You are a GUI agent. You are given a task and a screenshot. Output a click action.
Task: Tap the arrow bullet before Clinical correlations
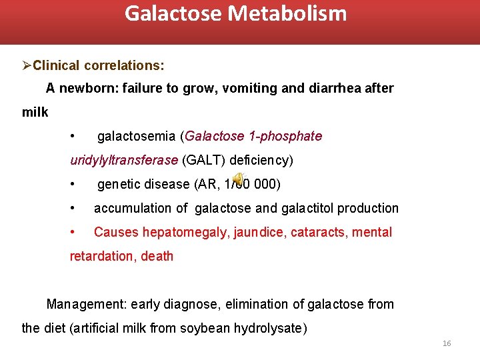point(27,65)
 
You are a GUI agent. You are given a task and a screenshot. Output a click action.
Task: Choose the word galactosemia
point(137,137)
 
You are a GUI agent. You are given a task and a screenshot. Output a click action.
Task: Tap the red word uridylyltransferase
point(124,161)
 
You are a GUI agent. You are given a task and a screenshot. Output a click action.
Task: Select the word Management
point(85,305)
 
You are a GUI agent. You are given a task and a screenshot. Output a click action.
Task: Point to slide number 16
point(447,343)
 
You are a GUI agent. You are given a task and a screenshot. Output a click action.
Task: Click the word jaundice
point(253,233)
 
